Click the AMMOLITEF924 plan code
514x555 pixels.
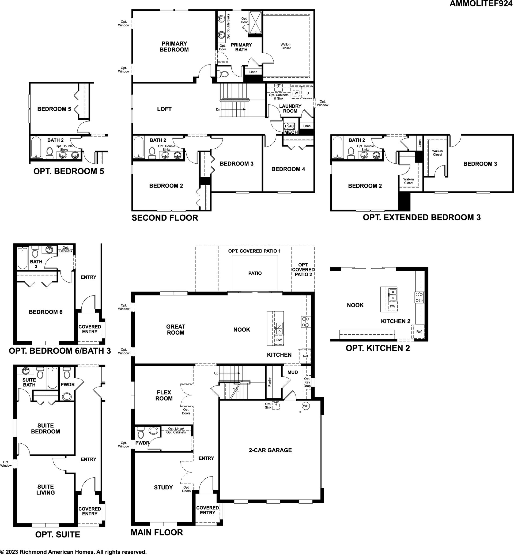(481, 4)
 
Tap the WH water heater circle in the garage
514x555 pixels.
(306, 406)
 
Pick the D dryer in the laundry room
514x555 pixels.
(308, 93)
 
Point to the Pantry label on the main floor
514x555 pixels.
(270, 382)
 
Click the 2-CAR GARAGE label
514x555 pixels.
(270, 450)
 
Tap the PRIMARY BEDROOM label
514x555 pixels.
(174, 47)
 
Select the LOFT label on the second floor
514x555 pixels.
(164, 109)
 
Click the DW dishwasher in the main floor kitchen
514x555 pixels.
(279, 340)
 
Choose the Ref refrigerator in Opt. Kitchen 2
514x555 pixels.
(419, 332)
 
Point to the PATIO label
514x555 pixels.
(255, 273)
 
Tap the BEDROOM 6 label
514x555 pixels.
(46, 312)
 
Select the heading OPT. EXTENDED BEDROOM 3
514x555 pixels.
(422, 217)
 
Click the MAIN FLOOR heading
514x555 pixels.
(157, 532)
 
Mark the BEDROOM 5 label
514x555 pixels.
(54, 109)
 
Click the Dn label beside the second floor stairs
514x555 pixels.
(218, 109)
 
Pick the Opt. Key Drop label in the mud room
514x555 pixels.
(307, 382)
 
